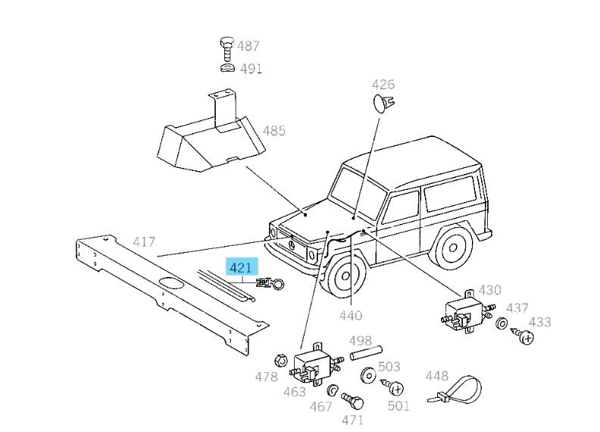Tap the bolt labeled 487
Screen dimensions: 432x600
click(x=227, y=49)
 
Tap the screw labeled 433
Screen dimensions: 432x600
click(x=522, y=334)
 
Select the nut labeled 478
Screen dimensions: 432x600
click(x=279, y=359)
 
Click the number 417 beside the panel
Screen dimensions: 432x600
click(x=144, y=242)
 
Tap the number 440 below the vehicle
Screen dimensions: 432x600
click(x=351, y=315)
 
